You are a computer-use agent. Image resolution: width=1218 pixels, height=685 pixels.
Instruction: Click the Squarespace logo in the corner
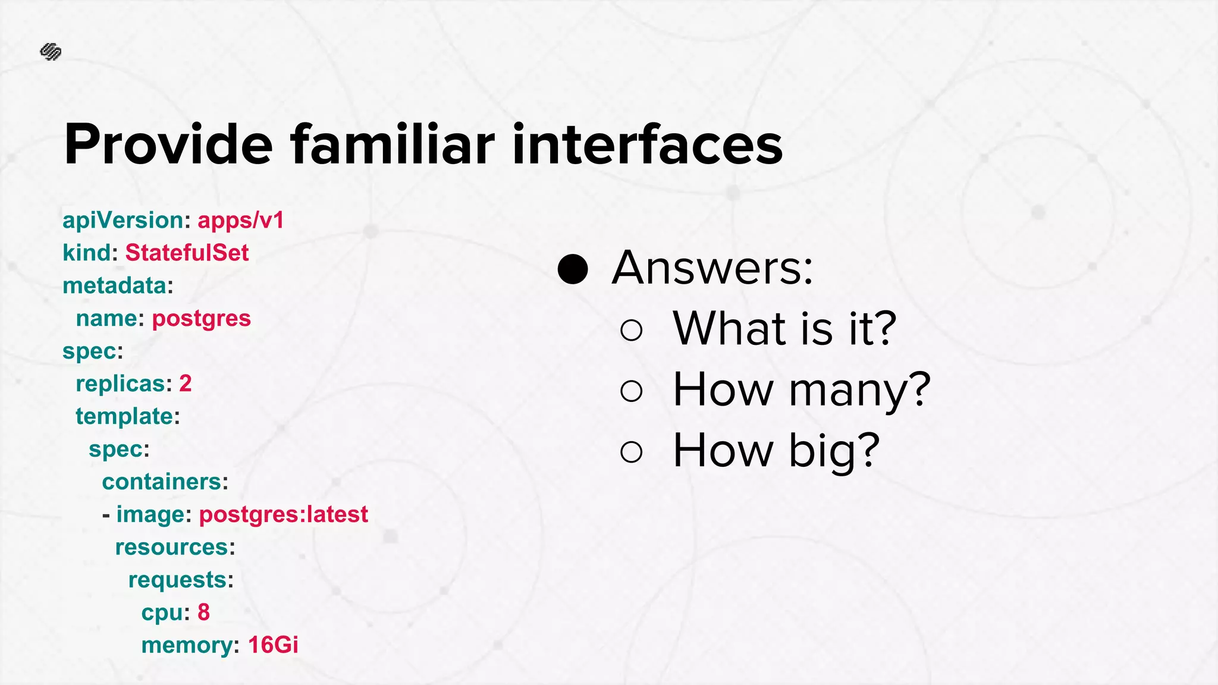coord(51,52)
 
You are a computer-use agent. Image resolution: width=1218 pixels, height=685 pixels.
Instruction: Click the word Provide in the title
coord(168,144)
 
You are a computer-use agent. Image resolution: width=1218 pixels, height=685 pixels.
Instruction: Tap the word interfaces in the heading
coord(647,144)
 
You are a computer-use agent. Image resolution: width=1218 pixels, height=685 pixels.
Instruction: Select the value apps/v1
coord(241,221)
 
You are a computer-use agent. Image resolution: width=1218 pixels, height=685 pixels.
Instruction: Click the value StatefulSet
coord(187,253)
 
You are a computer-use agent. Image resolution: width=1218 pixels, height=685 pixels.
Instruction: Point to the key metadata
coord(114,286)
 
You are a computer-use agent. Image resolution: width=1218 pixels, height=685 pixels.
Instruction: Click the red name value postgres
coord(201,319)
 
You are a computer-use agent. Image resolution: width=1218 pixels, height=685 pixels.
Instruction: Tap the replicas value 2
coord(186,384)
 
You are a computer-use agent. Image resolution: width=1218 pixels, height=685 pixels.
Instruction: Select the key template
coord(124,416)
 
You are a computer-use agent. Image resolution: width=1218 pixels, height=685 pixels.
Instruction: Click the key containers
coord(162,482)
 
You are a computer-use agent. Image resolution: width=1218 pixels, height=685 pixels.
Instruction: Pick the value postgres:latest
coord(283,514)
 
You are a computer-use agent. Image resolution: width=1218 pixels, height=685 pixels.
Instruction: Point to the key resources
coord(171,547)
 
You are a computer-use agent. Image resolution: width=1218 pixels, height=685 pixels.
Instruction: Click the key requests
coord(177,580)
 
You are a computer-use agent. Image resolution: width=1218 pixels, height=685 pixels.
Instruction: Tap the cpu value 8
coord(203,612)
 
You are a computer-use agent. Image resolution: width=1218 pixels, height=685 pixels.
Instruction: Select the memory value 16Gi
coord(273,645)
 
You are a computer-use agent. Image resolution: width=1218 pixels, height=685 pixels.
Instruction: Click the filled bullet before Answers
coord(573,269)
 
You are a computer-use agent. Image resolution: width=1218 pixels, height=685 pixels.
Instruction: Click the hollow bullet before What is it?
coord(631,330)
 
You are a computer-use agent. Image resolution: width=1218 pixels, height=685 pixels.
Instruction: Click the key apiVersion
coord(123,221)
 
